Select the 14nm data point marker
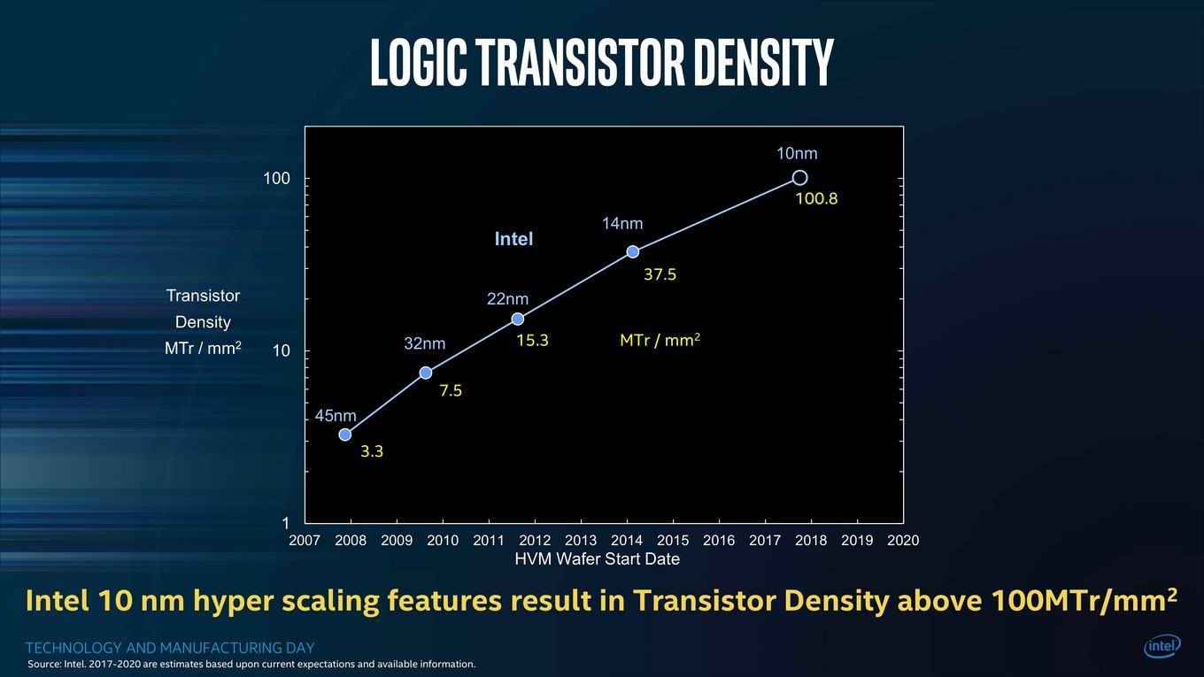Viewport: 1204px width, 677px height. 633,251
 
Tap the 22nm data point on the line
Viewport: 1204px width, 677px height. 518,319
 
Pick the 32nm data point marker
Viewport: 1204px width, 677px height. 425,373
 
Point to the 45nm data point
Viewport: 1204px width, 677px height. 345,435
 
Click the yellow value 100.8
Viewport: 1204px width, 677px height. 816,199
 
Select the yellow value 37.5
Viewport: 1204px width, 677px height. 660,274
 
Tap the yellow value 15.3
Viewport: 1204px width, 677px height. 532,340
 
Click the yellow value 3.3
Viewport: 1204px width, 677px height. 372,451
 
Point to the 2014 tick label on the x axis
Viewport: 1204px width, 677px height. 627,540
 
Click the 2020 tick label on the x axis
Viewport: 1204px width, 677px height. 903,540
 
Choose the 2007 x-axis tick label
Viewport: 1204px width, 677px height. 305,540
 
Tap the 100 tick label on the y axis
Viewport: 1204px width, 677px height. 276,179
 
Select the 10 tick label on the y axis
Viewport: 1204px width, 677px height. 282,350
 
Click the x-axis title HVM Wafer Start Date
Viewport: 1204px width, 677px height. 598,558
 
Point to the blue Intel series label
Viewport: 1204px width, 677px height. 513,239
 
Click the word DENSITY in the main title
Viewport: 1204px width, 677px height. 764,62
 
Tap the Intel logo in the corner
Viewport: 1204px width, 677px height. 1162,646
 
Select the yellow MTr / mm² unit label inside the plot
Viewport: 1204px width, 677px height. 660,340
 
